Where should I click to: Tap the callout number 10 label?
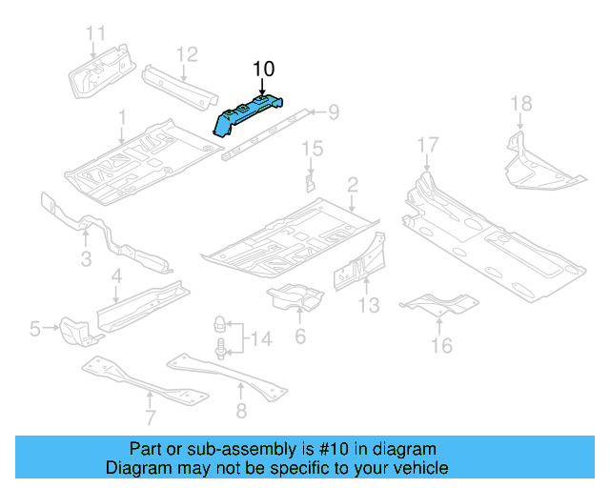(x=262, y=69)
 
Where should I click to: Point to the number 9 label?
(x=334, y=113)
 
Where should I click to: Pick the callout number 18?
(x=520, y=103)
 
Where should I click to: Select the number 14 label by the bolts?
(x=259, y=337)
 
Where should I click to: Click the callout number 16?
(x=441, y=345)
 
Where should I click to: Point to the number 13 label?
(x=369, y=305)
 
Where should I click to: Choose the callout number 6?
(x=300, y=336)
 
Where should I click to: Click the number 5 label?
(x=35, y=330)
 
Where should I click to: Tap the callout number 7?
(x=150, y=417)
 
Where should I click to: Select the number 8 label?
(x=240, y=412)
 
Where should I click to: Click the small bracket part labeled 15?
(x=310, y=180)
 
